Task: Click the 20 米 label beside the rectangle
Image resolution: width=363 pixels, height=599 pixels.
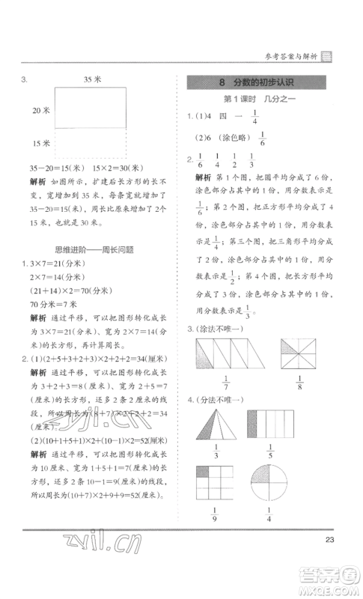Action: click(x=41, y=110)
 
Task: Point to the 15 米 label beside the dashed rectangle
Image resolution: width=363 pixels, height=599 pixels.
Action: click(x=41, y=143)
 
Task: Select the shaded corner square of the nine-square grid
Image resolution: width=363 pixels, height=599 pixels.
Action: click(x=203, y=472)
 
